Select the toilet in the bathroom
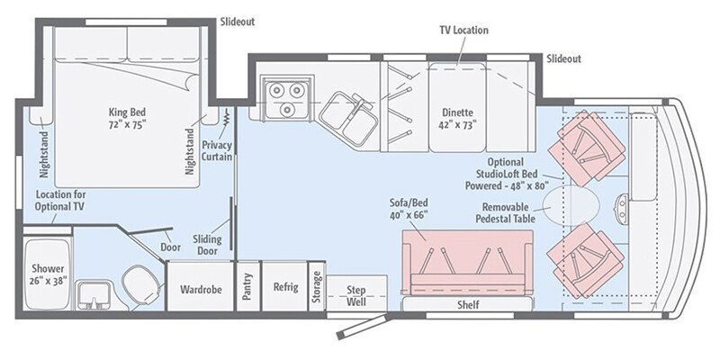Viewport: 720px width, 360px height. point(140,283)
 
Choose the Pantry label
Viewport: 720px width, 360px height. point(247,290)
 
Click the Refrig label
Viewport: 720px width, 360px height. point(285,288)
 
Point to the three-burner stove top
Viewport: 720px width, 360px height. point(285,97)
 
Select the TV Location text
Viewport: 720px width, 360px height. point(463,30)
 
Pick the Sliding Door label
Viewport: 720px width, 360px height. point(207,246)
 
